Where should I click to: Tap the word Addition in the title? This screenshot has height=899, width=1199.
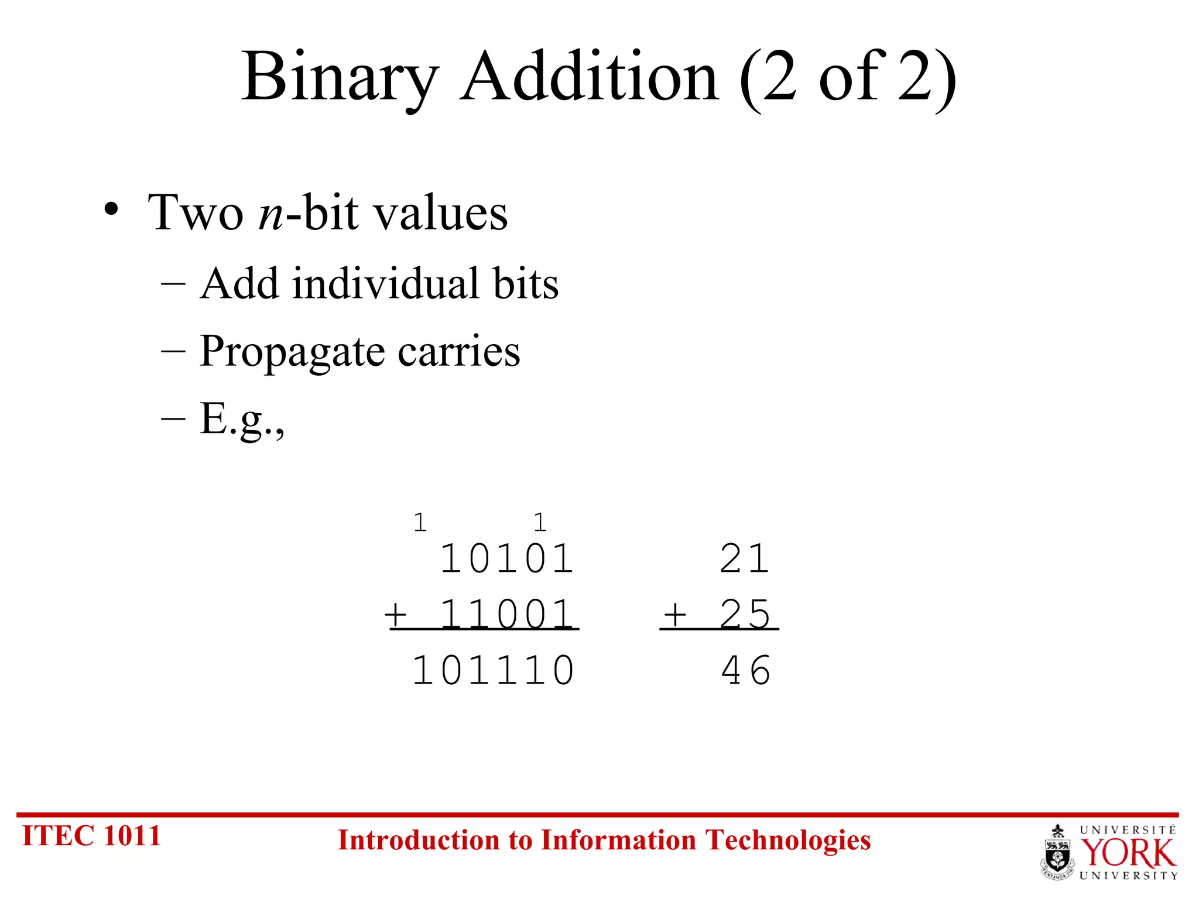pos(589,77)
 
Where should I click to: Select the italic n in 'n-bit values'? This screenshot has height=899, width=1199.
pos(270,213)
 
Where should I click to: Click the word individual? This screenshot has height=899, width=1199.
pos(387,284)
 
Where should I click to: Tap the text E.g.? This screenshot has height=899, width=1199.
pos(242,419)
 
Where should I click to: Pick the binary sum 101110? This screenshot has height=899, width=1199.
pos(494,671)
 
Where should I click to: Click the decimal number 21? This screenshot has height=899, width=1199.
pos(745,558)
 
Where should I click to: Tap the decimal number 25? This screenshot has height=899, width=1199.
pos(745,615)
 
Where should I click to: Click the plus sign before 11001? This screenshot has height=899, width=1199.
pos(396,615)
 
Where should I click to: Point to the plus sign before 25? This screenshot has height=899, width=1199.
pos(675,615)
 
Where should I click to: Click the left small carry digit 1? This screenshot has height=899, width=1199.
pos(420,522)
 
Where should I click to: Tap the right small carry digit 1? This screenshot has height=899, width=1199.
pos(540,522)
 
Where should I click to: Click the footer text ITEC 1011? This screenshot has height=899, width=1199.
pos(91,835)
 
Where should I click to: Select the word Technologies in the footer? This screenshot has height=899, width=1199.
pos(788,840)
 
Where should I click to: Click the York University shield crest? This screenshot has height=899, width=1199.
pos(1057,852)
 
